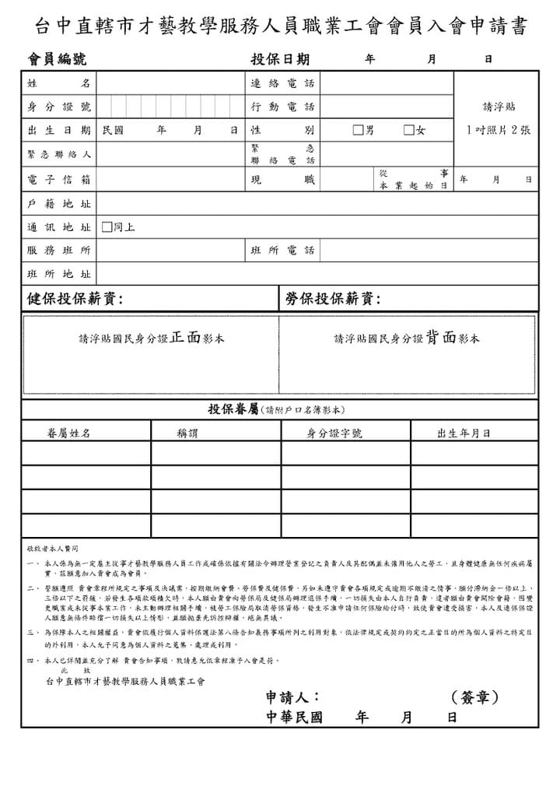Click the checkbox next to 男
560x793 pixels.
(x=358, y=130)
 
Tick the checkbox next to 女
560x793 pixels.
(x=408, y=130)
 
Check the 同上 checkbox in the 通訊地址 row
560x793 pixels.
(x=107, y=227)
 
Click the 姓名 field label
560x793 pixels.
(x=58, y=83)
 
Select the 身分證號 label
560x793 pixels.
(x=58, y=107)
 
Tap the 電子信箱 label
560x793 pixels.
(x=58, y=180)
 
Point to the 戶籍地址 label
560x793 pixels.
(x=58, y=204)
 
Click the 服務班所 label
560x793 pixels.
(x=58, y=251)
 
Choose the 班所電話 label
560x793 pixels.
(x=282, y=251)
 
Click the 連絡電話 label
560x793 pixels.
(x=282, y=83)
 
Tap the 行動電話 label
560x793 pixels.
(x=282, y=107)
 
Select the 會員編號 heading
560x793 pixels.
(x=57, y=59)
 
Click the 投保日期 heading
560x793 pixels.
(x=280, y=59)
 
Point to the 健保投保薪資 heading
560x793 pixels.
(x=75, y=299)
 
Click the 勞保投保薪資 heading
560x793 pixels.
(x=333, y=299)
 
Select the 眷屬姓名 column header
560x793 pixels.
(x=68, y=433)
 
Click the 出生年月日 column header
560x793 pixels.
(x=464, y=433)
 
